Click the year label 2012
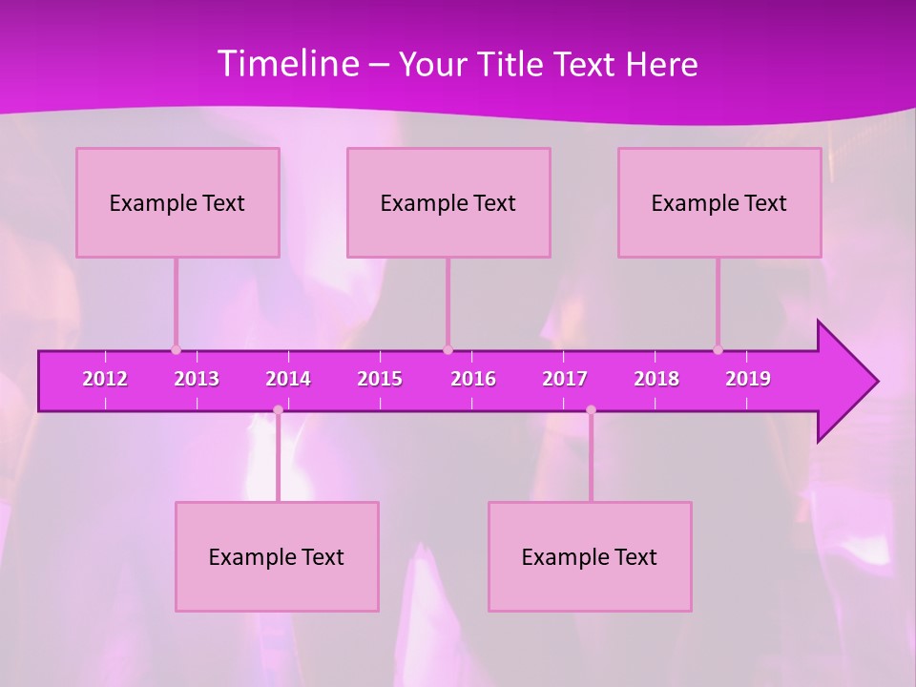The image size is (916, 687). pos(105,379)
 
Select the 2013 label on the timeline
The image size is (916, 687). pos(197,379)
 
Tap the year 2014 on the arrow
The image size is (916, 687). pos(288,379)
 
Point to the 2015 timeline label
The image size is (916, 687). pos(380,379)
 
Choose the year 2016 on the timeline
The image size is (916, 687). pos(473,379)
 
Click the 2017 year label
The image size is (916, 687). pos(565,379)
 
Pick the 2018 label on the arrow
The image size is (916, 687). pos(656,379)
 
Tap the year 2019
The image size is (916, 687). pos(748,379)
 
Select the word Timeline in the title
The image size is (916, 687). pos(288,64)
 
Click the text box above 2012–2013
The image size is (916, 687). pos(177,202)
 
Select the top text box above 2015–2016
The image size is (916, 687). pos(448,202)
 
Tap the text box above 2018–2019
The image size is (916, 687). pos(719,202)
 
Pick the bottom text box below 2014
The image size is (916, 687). pos(277,556)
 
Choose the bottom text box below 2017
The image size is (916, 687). pos(590,556)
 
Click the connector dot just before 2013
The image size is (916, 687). pos(176,349)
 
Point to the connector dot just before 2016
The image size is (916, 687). pos(448,349)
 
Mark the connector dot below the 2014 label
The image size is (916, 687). pos(278,410)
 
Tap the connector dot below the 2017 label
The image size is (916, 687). pos(591,410)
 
